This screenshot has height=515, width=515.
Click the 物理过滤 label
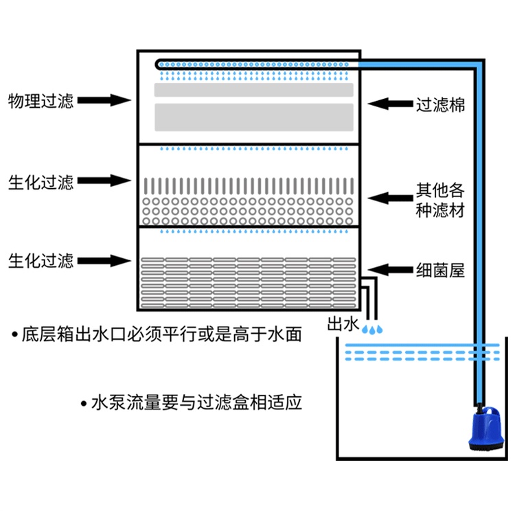40,101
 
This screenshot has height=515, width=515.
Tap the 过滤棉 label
440,104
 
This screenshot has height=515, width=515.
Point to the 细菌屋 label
440,270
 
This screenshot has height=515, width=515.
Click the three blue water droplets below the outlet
374,330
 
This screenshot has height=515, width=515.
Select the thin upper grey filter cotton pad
254,90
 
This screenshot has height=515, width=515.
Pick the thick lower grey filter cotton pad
254,117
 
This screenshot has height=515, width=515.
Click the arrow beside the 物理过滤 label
104,101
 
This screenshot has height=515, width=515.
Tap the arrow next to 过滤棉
391,104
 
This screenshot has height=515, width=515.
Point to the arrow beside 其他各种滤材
391,198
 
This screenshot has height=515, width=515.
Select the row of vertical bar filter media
249,186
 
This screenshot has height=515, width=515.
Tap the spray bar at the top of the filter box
254,65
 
